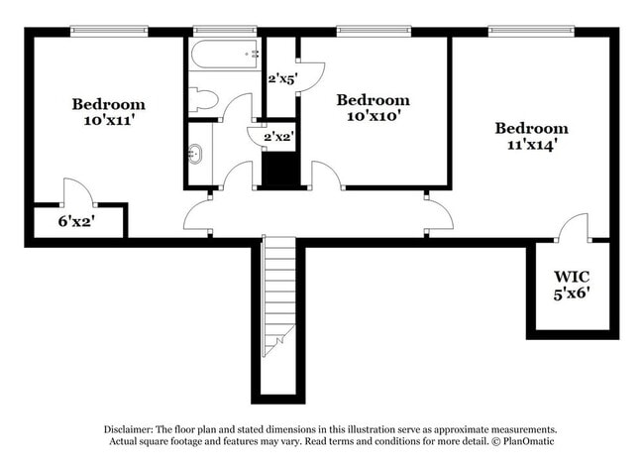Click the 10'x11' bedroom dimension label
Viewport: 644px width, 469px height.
coord(108,122)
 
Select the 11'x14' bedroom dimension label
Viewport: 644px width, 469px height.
coord(531,146)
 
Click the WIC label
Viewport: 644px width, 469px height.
coord(571,276)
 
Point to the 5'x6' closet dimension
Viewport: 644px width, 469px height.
coord(572,293)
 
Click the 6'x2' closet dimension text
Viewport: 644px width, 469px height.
coord(74,222)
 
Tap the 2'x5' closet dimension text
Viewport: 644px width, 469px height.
coord(282,78)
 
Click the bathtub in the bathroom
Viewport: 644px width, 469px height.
coord(225,54)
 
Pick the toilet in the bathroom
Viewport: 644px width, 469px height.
coord(202,99)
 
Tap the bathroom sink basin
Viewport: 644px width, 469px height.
coord(196,154)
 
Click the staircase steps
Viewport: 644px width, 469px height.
coord(279,297)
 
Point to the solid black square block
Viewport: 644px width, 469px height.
coord(281,170)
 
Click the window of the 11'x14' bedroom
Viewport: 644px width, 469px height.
coord(531,30)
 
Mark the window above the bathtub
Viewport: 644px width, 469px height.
coord(225,30)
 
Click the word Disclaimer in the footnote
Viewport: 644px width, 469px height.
coord(133,428)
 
